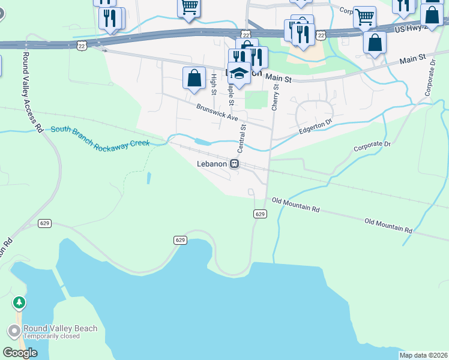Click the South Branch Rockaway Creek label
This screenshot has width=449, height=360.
(99, 137)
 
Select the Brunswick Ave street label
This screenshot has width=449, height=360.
(217, 112)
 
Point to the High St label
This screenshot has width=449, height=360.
(214, 85)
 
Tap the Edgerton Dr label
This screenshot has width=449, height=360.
(316, 128)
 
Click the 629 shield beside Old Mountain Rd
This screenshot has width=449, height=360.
(259, 214)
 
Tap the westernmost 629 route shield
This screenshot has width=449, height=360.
(44, 223)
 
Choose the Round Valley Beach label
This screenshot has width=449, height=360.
(60, 329)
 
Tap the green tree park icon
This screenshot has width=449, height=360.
(20, 302)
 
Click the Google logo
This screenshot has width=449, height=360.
(20, 352)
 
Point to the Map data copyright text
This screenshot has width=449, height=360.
(423, 355)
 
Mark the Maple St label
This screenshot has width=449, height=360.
(229, 88)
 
